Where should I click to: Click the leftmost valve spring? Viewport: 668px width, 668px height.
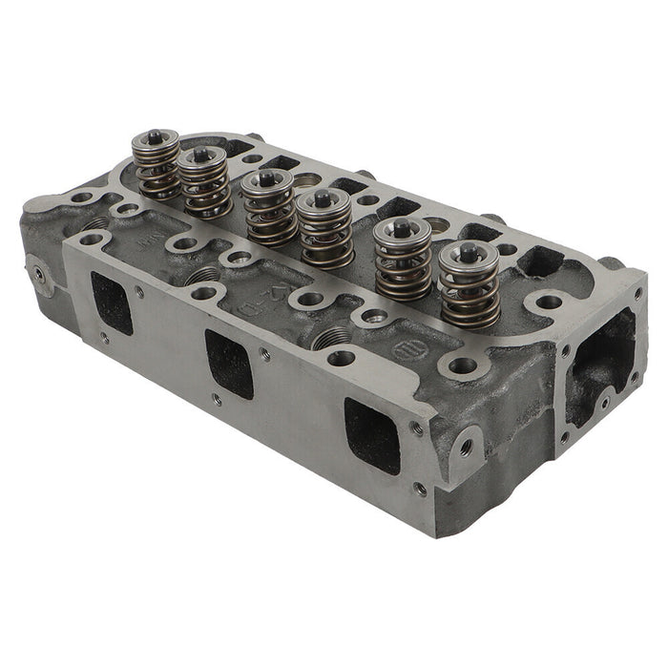click(156, 170)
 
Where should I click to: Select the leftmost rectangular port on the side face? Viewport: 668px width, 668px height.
click(113, 303)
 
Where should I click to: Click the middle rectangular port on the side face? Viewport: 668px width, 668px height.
click(231, 364)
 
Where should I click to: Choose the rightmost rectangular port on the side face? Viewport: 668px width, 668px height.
click(371, 435)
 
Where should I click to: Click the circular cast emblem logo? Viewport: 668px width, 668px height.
click(405, 349)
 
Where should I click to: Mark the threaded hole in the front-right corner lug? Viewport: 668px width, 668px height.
click(464, 442)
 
